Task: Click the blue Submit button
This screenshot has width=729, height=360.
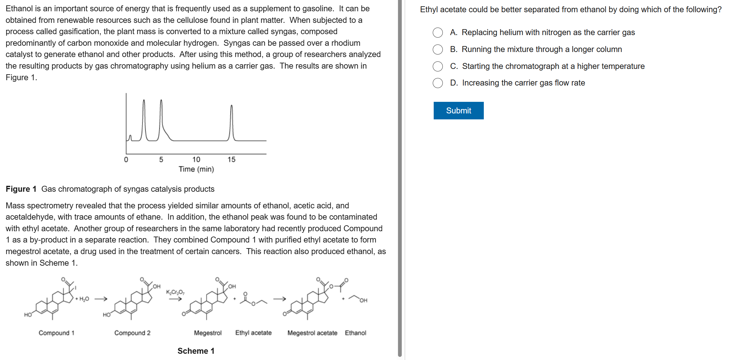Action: tap(458, 111)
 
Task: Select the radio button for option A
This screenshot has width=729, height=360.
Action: tap(437, 33)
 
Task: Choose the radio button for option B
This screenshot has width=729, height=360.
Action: tap(437, 50)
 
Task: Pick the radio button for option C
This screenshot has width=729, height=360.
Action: tap(437, 66)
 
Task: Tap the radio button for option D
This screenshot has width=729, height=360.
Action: tap(437, 83)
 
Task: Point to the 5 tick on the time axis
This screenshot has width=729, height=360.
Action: tap(161, 159)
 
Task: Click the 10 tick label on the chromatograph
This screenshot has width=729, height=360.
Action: tap(196, 159)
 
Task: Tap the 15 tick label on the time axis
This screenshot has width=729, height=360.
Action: tap(231, 159)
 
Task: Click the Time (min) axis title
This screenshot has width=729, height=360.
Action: tap(196, 169)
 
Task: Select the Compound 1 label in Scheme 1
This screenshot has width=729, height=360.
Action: tap(56, 333)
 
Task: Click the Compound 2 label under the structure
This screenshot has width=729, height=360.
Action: tap(132, 333)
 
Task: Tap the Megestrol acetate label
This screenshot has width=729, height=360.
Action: tap(312, 333)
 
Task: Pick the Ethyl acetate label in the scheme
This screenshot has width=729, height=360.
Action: tap(253, 333)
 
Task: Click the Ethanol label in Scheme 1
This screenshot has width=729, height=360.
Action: tap(355, 333)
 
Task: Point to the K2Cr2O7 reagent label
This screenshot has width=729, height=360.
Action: tap(175, 292)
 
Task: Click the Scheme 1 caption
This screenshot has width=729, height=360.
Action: tap(196, 351)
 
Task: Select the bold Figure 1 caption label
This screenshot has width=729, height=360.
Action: tap(21, 189)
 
